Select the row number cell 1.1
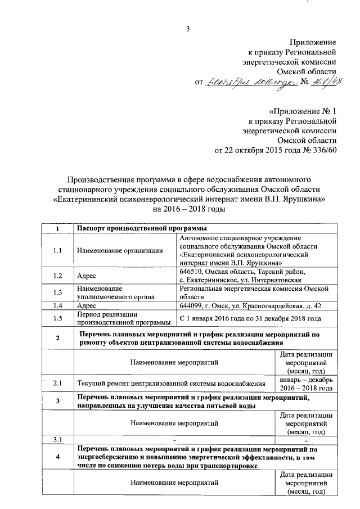click(57, 251)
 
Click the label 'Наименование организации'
click(116, 251)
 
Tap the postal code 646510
click(192, 271)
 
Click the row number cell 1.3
click(57, 292)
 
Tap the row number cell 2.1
click(57, 384)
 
